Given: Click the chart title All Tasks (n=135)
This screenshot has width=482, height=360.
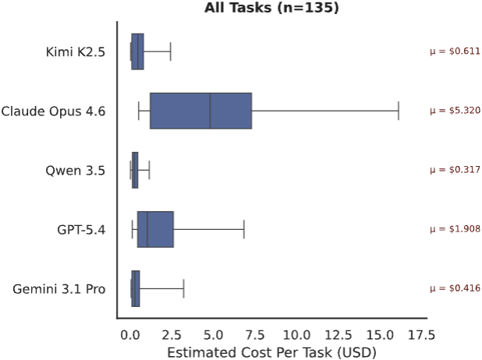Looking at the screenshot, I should [271, 9].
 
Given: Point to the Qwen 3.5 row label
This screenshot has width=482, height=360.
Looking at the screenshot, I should [77, 170].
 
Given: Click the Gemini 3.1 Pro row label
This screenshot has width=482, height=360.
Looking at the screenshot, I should [59, 288].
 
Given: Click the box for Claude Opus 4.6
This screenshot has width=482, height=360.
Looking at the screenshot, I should [200, 111].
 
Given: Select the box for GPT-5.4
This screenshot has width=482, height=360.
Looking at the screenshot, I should [155, 229].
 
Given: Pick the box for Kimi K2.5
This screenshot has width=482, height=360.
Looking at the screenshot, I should [137, 51].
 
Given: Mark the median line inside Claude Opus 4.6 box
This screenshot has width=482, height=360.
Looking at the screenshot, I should [210, 111].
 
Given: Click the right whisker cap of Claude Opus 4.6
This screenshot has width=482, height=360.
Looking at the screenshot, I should [399, 111].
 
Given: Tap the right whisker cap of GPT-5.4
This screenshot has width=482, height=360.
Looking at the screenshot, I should [244, 229].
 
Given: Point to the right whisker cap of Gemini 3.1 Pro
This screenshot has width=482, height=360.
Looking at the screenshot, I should [183, 288].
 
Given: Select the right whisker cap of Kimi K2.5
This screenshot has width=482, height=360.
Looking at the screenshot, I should [170, 51].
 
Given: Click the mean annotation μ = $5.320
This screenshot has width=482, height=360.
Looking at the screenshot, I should [455, 111].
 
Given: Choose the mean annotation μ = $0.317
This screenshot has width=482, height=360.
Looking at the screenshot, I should [455, 170].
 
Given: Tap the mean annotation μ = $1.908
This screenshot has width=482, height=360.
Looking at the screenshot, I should [455, 229].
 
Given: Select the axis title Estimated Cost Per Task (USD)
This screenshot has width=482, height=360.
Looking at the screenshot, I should [271, 351].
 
